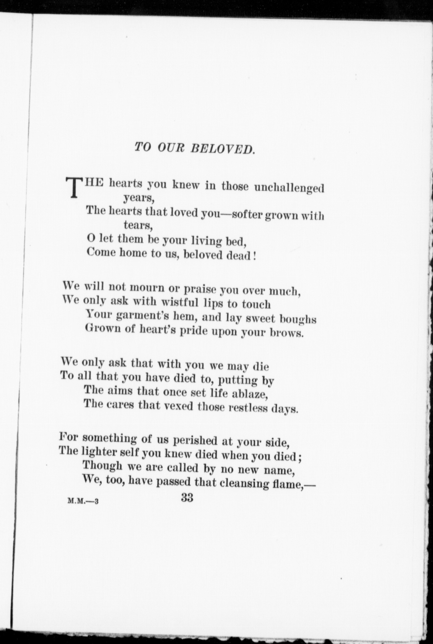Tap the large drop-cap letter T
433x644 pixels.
click(x=74, y=187)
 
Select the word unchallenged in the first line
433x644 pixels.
click(x=289, y=187)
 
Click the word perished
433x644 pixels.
click(x=195, y=440)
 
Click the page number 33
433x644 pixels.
click(x=187, y=497)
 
